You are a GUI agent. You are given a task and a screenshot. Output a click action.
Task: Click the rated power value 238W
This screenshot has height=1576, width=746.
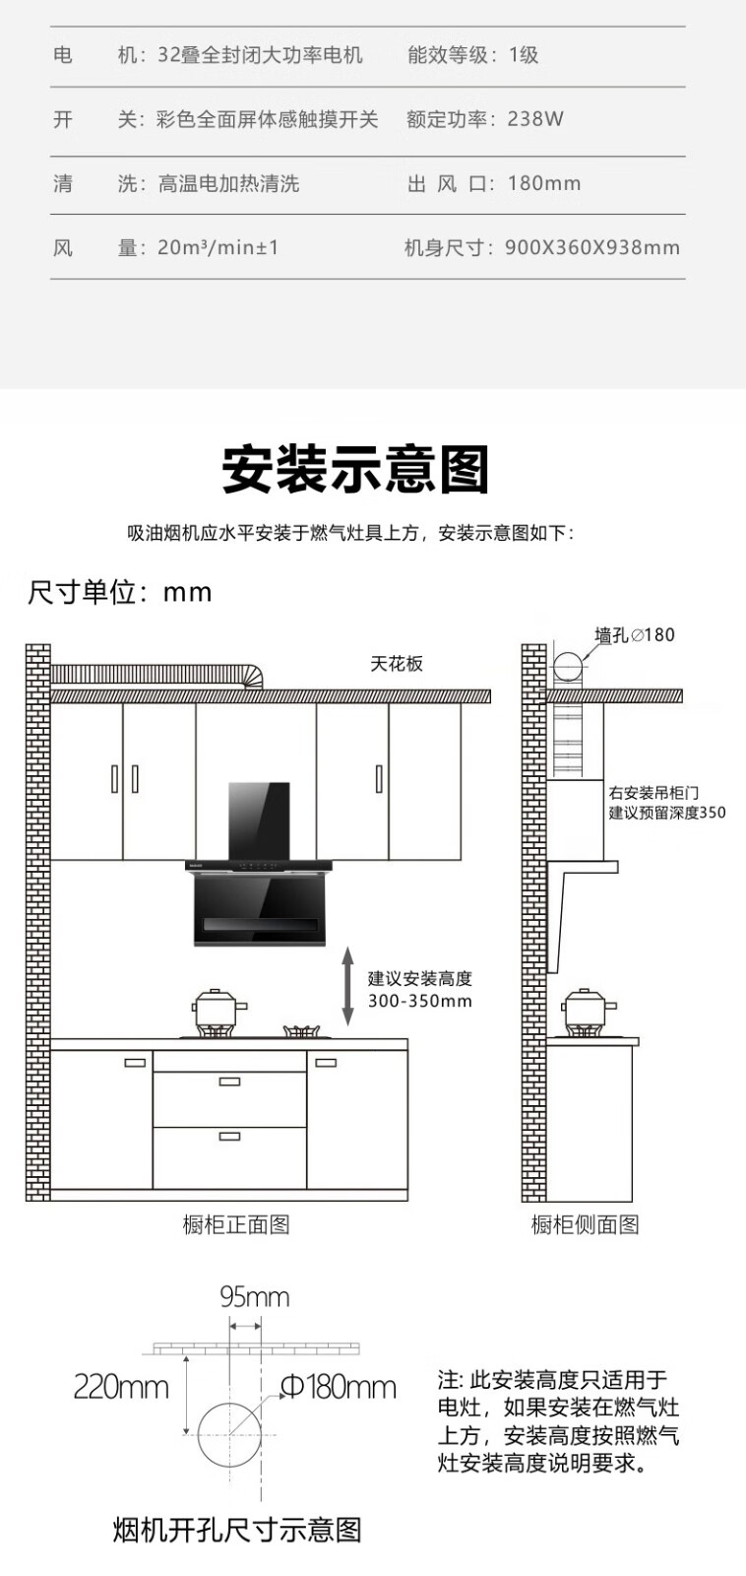tap(535, 119)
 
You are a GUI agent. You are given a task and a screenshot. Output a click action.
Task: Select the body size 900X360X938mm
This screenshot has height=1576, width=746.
tap(592, 247)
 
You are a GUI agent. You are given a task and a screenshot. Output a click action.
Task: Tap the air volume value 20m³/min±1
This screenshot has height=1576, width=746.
tap(218, 247)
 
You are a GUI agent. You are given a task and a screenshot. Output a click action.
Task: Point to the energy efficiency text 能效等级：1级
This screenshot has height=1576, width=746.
tap(472, 55)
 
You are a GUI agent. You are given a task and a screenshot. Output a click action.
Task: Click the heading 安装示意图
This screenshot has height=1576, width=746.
tap(355, 469)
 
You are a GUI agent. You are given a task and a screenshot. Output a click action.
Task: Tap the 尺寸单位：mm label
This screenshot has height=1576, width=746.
tap(119, 592)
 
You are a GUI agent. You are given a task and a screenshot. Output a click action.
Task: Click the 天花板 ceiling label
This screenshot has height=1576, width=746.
tap(397, 664)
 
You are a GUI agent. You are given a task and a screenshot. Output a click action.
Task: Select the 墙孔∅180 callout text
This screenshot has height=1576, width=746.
tap(634, 635)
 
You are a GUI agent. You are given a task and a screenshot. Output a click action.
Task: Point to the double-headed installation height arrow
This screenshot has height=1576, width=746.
tap(347, 985)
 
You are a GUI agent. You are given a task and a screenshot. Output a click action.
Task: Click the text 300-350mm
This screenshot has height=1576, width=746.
tap(420, 1001)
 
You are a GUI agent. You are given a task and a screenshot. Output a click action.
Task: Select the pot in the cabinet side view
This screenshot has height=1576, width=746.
tap(588, 1012)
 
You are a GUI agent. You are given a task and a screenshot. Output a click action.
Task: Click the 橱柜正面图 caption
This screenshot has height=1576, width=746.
tap(236, 1224)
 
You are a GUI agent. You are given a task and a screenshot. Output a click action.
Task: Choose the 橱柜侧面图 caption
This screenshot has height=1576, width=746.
tap(585, 1224)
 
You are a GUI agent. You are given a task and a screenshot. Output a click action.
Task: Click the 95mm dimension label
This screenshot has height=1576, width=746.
tap(255, 1296)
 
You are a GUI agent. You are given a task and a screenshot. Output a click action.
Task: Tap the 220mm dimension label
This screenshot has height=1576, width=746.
tap(121, 1388)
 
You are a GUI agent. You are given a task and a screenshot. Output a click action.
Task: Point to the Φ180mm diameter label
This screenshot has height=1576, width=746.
tap(339, 1387)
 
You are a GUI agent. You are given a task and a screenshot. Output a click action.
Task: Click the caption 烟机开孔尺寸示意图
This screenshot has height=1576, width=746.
tap(237, 1530)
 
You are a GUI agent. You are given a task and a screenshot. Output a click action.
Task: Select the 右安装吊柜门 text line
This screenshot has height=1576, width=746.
tap(653, 793)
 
